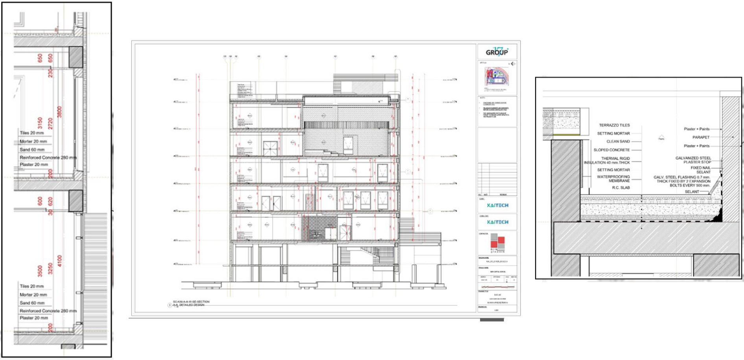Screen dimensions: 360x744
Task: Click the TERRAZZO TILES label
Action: (614, 125)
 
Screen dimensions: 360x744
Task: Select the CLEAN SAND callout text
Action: (618, 141)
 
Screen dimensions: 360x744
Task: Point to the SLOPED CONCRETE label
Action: (611, 150)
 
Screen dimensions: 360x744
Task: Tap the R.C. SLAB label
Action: (621, 188)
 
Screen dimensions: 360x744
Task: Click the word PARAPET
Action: (701, 137)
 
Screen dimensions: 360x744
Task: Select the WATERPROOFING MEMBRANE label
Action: (613, 179)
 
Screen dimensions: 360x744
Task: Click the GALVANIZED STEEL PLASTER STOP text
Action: (693, 160)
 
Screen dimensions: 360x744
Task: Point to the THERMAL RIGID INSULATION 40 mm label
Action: (607, 160)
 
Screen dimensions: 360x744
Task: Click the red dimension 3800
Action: (60, 112)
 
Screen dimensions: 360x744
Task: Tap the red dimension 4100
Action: (60, 261)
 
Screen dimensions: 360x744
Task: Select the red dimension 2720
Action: (50, 123)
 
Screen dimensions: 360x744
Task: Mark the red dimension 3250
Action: (50, 269)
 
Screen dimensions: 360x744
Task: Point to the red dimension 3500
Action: (40, 271)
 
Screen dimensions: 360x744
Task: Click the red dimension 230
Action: (50, 73)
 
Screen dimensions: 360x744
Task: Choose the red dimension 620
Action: (50, 201)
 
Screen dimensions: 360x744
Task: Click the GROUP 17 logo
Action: (497, 52)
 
